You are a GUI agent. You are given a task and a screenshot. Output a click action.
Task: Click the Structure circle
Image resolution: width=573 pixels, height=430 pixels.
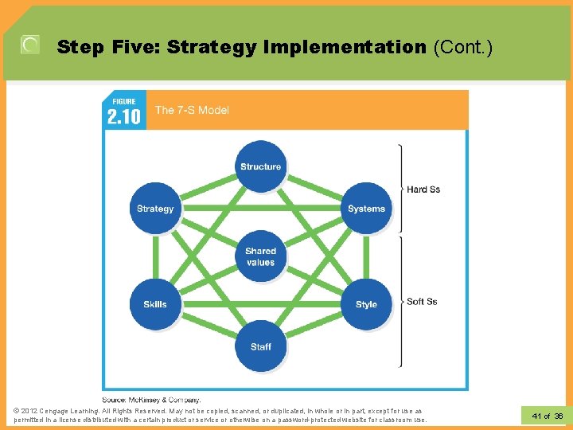(x=261, y=166)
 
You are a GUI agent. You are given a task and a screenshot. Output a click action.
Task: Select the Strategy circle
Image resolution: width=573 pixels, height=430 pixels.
(x=155, y=209)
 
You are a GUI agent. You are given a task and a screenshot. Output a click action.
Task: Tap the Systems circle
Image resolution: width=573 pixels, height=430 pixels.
(x=366, y=209)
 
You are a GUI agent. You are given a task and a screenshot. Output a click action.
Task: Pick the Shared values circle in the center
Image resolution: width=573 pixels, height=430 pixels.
(x=261, y=256)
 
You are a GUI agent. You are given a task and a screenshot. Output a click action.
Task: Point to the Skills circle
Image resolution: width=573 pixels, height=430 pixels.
(x=155, y=304)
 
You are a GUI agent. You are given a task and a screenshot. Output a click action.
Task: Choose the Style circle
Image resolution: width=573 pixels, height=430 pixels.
(x=366, y=304)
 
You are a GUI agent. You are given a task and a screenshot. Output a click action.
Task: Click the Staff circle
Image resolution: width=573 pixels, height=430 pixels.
(x=261, y=346)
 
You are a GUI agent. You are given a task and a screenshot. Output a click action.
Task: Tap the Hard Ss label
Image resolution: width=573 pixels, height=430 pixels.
(x=423, y=190)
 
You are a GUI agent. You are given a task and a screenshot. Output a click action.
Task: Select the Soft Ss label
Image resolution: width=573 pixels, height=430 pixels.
(x=422, y=302)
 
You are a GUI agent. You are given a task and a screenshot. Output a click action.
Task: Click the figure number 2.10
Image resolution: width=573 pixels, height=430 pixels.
(x=123, y=117)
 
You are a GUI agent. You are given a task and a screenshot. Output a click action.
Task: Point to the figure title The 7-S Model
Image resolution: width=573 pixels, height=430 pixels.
(x=192, y=110)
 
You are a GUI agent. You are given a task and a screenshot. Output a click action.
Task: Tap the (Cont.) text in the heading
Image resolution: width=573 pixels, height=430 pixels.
(x=463, y=48)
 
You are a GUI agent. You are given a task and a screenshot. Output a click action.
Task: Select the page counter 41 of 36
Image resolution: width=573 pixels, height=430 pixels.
(x=547, y=416)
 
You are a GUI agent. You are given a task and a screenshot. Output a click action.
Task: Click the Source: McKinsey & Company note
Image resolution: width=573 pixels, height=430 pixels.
(x=151, y=399)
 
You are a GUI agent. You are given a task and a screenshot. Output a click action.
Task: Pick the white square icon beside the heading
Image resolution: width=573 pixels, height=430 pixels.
(x=30, y=45)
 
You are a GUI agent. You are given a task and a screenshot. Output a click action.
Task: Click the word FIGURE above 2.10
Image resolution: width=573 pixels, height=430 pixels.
(x=123, y=102)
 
